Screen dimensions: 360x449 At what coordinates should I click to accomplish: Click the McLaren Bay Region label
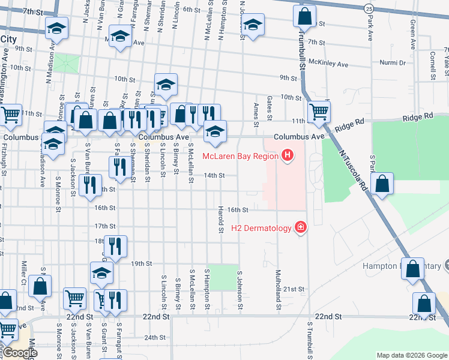(x=240, y=156)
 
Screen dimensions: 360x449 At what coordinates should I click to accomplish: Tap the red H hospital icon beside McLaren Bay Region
(x=288, y=156)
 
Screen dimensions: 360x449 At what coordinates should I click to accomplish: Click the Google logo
(x=20, y=353)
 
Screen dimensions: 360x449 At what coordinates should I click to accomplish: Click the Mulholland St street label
(x=279, y=291)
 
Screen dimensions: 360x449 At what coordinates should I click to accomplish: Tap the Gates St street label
(x=270, y=107)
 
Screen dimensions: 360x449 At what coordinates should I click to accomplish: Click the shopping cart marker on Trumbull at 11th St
(x=318, y=110)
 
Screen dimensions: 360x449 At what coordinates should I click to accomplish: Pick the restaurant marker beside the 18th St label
(x=115, y=245)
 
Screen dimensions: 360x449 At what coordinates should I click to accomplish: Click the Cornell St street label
(x=432, y=65)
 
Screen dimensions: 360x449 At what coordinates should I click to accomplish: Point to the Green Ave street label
(x=412, y=33)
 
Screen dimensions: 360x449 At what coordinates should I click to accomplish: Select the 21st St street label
(x=294, y=289)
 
